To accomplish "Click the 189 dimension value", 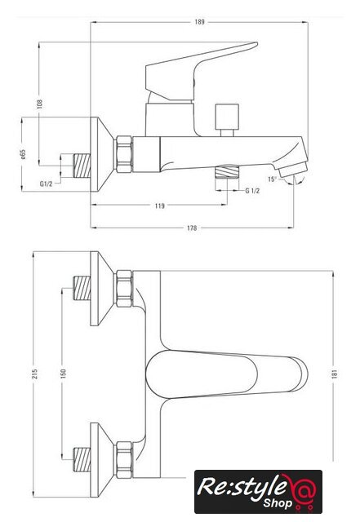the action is (x=199, y=22).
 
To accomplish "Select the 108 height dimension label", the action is (x=40, y=104).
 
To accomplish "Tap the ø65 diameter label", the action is (x=23, y=154).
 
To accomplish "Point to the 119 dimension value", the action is (x=160, y=206).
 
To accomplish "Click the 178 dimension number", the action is (x=192, y=228).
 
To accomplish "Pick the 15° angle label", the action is (x=272, y=179).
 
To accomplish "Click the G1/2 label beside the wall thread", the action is (x=46, y=184).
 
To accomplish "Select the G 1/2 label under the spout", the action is (x=252, y=191).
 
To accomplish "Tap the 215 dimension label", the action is (x=34, y=374).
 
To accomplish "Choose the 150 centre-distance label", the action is (x=64, y=374).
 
